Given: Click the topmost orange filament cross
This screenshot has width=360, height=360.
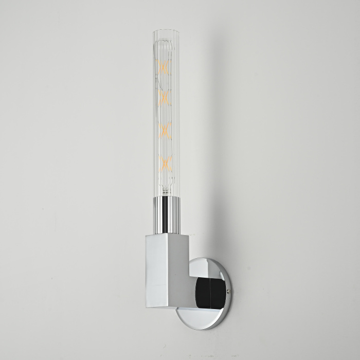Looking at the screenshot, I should point(164,67).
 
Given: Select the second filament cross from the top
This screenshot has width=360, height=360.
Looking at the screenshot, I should point(164,98).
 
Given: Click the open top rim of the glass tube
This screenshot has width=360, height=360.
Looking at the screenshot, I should point(163,31).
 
